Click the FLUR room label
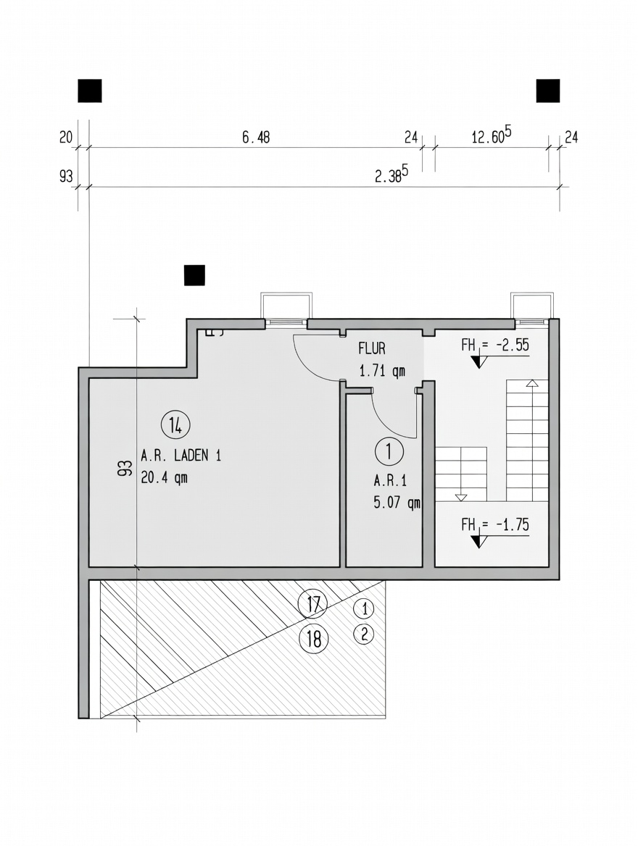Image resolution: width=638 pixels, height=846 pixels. (372, 348)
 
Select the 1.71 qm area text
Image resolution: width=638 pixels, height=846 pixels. (382, 371)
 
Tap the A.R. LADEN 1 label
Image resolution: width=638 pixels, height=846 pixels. (181, 456)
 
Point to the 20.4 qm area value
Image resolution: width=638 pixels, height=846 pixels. (165, 478)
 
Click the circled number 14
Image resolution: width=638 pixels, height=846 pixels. (175, 426)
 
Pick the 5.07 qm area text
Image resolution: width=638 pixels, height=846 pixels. (397, 503)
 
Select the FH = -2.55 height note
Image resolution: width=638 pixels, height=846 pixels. (495, 345)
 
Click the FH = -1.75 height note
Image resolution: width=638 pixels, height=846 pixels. (495, 525)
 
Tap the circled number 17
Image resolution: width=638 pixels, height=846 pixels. (313, 604)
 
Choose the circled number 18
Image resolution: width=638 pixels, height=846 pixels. (313, 640)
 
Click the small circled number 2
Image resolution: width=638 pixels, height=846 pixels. (364, 634)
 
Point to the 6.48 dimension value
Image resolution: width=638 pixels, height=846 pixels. (255, 138)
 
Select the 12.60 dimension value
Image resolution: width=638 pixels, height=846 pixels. (492, 136)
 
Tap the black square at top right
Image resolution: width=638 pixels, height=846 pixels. (548, 91)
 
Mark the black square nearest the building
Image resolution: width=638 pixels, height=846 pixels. (194, 275)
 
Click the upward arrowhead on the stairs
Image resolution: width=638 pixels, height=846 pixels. (533, 384)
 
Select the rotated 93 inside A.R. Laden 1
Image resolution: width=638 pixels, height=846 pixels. (125, 468)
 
